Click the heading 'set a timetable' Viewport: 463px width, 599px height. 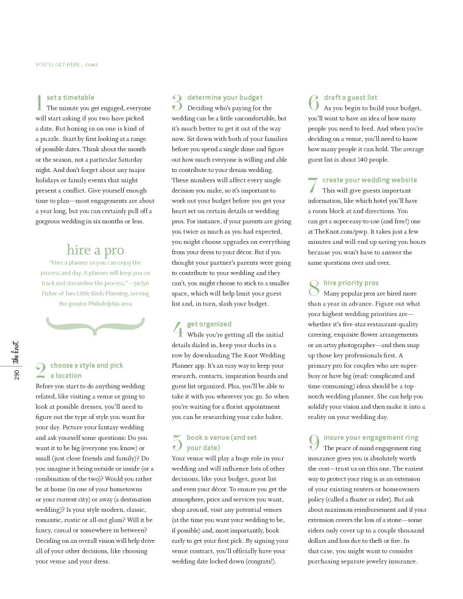pyautogui.click(x=70, y=97)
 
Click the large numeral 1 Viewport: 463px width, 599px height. pyautogui.click(x=40, y=102)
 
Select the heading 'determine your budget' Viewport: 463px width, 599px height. pyautogui.click(x=225, y=97)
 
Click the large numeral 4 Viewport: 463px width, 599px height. pyautogui.click(x=178, y=330)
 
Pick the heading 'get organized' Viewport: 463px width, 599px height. pyautogui.click(x=209, y=324)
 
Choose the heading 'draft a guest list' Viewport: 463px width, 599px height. pyautogui.click(x=350, y=97)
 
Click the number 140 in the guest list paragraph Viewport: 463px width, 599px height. pyautogui.click(x=365, y=159)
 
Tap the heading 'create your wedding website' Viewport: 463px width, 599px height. pyautogui.click(x=370, y=180)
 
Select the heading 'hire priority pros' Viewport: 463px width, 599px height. pyautogui.click(x=351, y=283)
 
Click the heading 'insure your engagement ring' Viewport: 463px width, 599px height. pyautogui.click(x=371, y=437)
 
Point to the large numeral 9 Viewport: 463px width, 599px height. pyautogui.click(x=314, y=443)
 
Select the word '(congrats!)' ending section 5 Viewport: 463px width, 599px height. pyautogui.click(x=260, y=561)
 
